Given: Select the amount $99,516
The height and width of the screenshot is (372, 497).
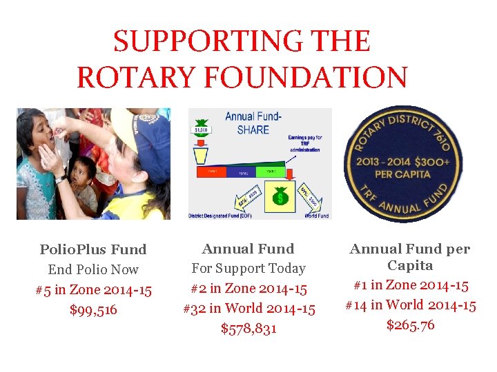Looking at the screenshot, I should (94, 310).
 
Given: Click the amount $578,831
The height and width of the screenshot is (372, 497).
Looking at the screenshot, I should (248, 329).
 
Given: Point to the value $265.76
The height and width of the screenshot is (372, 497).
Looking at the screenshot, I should (410, 324).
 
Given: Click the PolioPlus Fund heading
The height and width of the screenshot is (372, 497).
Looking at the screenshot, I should (93, 249).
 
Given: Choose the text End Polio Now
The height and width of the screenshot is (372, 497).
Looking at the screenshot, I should (93, 269).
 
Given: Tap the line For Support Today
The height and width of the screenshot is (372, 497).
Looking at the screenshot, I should (248, 268).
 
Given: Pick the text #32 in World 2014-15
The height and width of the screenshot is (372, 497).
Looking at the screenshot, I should (248, 309).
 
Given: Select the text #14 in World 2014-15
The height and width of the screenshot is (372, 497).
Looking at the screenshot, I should (410, 305).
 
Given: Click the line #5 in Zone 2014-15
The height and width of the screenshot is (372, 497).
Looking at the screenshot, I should (93, 290).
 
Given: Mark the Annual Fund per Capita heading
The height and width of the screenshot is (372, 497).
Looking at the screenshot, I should (410, 257).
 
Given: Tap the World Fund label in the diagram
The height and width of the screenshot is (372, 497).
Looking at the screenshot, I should (316, 216).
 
